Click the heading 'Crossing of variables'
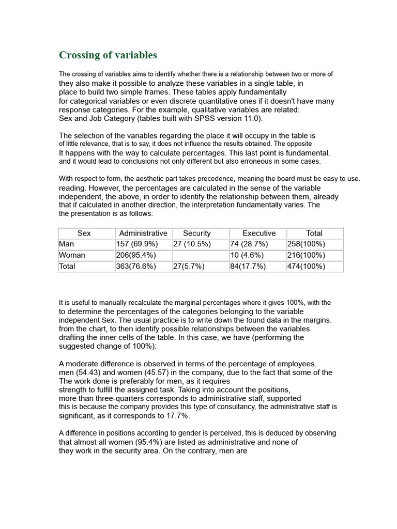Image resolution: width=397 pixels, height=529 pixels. tap(108, 55)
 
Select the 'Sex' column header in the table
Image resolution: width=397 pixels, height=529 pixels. tap(84, 233)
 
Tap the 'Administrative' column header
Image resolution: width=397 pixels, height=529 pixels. tap(143, 233)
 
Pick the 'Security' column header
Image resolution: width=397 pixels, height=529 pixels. tap(197, 233)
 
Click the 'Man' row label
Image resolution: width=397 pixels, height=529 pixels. tap(67, 244)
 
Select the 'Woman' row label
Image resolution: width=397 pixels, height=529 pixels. tap(72, 255)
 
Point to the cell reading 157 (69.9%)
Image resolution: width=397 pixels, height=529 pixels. tap(137, 244)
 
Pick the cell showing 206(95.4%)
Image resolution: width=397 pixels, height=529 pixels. tap(136, 255)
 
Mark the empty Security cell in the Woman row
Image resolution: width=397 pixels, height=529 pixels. tap(200, 255)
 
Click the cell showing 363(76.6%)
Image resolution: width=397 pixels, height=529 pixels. tap(136, 267)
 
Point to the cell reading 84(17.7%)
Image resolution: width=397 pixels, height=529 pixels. tap(248, 267)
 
